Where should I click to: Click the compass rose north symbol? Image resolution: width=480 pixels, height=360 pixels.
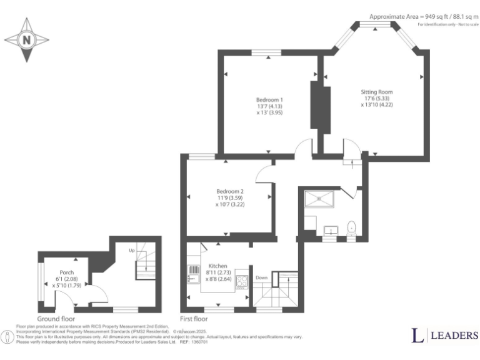[x=26, y=39]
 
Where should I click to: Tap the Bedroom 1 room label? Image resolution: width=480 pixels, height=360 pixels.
[x=269, y=107]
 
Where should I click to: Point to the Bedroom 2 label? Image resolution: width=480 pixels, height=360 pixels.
[x=230, y=197]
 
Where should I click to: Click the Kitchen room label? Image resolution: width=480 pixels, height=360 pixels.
[x=217, y=272]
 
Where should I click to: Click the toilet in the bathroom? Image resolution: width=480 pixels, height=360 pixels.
[x=351, y=227]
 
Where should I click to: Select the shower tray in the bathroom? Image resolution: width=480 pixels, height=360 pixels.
[x=319, y=198]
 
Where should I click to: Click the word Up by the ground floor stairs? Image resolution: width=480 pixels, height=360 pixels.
[x=131, y=250]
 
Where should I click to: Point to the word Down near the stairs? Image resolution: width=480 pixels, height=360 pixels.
[x=262, y=278]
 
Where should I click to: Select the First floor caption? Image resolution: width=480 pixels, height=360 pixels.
[x=194, y=318]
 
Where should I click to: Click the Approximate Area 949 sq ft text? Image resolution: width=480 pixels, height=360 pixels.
[x=422, y=16]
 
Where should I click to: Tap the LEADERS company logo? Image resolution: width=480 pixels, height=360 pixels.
[x=445, y=336]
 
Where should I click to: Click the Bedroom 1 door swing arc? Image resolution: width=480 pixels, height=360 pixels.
[x=303, y=147]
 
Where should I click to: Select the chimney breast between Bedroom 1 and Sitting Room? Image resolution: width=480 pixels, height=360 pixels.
[x=321, y=106]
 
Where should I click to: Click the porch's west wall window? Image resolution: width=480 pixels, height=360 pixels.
[x=40, y=281]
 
